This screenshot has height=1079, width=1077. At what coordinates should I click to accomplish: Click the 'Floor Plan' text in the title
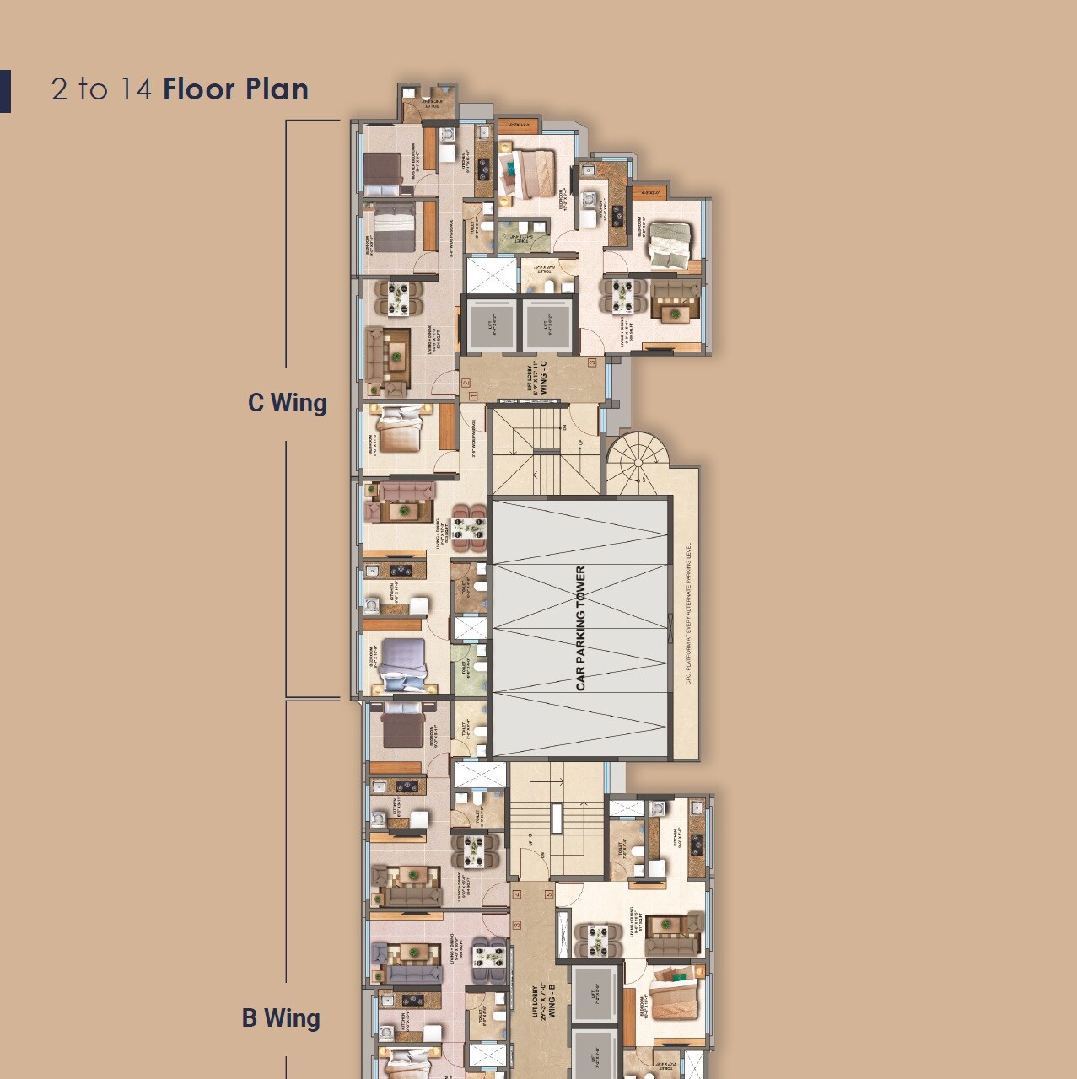pos(235,89)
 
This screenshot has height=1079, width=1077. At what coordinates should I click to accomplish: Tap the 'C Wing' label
pos(287,403)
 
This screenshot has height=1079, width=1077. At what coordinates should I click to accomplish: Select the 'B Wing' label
pos(281,1018)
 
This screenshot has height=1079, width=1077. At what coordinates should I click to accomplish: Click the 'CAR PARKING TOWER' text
pos(580,628)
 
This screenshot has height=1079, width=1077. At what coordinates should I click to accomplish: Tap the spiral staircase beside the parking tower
pos(638,463)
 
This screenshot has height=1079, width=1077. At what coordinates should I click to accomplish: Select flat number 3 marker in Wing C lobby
pos(592,362)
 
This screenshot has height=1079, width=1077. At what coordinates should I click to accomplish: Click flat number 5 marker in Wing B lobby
pos(548,894)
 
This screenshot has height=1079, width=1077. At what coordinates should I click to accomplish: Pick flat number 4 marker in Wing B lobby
pos(517,894)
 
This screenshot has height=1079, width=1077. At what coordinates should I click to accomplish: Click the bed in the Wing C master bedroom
pos(385,169)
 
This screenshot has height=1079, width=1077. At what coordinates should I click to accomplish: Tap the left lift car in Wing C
pos(491,324)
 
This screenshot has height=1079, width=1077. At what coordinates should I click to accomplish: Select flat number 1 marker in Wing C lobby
pos(472,396)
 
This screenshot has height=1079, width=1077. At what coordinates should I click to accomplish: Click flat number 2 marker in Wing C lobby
pos(466,383)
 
